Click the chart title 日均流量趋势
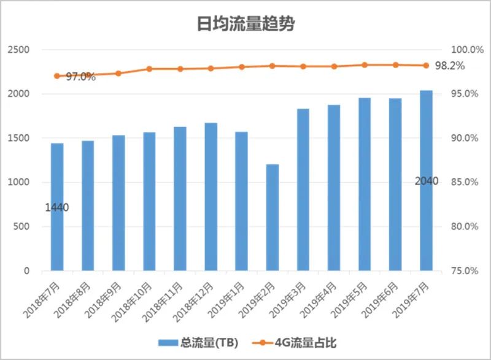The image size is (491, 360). pos(245,24)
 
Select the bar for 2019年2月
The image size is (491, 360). pos(273,218)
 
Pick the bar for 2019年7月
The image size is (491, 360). pos(426,181)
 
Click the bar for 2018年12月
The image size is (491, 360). pos(211,197)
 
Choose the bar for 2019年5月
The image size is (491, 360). pos(365,184)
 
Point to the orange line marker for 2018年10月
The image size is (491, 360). pos(149,69)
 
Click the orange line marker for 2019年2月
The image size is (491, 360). pos(273,66)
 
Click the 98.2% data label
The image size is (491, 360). pos(449,66)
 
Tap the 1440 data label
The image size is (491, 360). pos(56,207)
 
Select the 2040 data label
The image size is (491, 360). pos(427,181)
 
